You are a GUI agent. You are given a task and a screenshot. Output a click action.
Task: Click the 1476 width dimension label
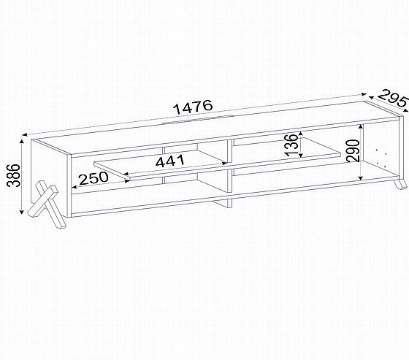(x=194, y=107)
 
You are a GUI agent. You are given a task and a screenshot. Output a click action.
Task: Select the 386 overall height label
(x=13, y=175)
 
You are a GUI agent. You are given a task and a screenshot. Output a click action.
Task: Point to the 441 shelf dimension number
(x=170, y=161)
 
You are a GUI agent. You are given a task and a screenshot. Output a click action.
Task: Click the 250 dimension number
(x=93, y=178)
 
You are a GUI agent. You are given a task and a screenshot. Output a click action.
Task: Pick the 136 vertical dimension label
(x=291, y=145)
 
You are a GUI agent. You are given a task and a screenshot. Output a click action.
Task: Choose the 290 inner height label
(x=353, y=150)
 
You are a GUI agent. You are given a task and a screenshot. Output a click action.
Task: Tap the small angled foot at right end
(x=400, y=184)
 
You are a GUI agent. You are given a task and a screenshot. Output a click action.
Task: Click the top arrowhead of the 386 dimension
(x=22, y=142)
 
